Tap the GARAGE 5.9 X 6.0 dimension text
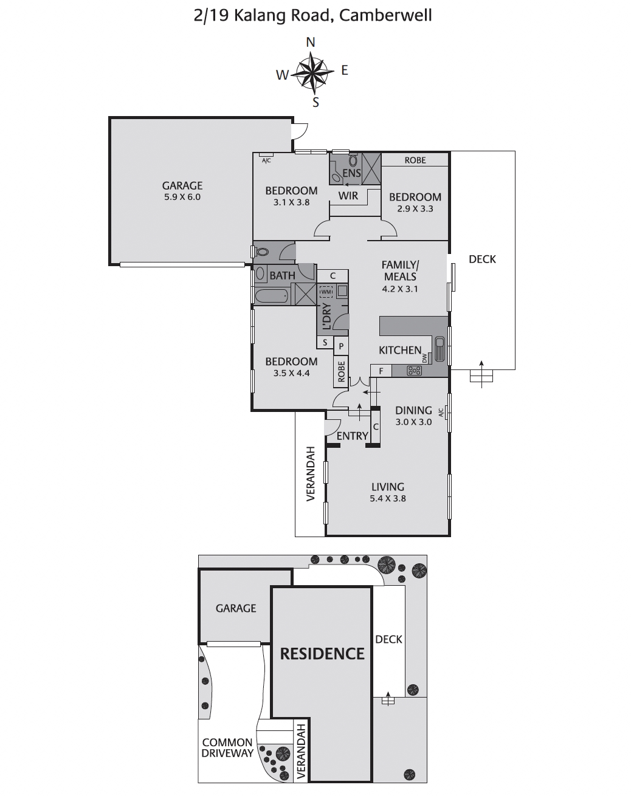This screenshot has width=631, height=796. [182, 197]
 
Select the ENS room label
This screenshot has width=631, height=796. [351, 173]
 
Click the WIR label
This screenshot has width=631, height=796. [348, 196]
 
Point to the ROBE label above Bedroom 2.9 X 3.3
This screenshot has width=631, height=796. [415, 160]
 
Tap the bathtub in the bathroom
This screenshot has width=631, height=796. [272, 297]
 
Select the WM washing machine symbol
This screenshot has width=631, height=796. [326, 292]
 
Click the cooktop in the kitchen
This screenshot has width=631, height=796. [415, 370]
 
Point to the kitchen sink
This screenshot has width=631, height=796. [441, 351]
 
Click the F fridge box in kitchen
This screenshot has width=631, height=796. [381, 370]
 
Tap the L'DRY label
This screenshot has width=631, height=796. [326, 316]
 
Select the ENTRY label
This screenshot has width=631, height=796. [352, 436]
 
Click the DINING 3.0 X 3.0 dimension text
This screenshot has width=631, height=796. [413, 422]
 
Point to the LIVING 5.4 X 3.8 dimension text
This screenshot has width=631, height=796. [388, 498]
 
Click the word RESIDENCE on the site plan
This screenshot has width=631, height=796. [322, 654]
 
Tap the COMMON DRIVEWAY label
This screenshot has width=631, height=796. [227, 748]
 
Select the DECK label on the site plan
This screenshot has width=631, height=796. [388, 639]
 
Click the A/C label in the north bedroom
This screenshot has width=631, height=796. [266, 160]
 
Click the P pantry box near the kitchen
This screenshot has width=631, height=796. [341, 346]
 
